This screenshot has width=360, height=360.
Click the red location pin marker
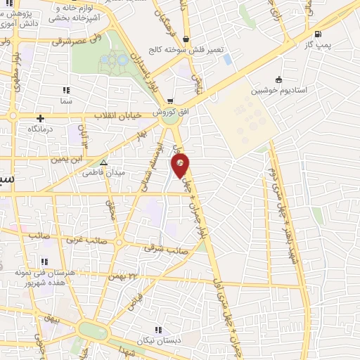[180, 165]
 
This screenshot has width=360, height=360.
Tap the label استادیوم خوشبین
[280, 91]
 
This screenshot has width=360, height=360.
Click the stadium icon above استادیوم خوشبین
[280, 79]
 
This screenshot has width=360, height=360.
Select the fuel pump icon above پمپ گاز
[319, 34]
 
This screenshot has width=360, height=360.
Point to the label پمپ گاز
[318, 44]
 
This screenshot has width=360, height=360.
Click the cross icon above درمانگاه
[41, 118]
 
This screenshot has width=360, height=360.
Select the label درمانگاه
[41, 130]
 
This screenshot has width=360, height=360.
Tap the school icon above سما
[66, 90]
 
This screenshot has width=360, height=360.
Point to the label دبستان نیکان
[157, 341]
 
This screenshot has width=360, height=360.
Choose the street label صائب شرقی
[167, 247]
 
